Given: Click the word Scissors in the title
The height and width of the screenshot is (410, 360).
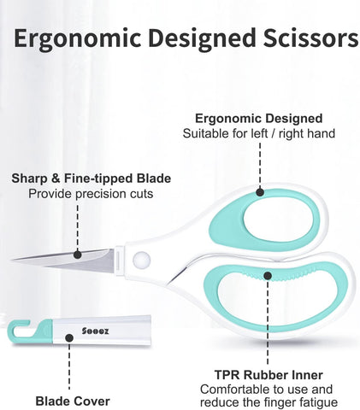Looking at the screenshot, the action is (310, 38).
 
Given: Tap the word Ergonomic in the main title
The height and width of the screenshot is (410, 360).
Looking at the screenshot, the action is (77, 39).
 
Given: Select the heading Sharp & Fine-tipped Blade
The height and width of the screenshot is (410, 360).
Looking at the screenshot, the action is (91, 179).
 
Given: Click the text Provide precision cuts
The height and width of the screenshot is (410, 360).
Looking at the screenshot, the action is (91, 194).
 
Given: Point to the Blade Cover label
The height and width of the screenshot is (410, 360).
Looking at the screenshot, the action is (73, 401).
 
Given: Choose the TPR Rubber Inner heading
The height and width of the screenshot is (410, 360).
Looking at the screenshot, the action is (269, 375).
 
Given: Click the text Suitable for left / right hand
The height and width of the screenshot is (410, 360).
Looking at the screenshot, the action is (259, 133).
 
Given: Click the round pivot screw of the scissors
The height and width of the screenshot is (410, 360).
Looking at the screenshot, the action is (141, 260).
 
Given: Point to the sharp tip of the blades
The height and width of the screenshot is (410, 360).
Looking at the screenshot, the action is (12, 260).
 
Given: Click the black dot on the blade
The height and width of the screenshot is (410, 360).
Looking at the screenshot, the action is (77, 255).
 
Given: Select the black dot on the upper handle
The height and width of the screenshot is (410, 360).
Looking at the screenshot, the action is (260, 192).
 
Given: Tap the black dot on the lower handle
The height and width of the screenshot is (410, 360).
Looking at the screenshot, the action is (268, 275).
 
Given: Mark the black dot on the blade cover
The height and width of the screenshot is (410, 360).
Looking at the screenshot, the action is (69, 338).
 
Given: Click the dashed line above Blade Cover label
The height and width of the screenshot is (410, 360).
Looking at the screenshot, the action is (69, 366).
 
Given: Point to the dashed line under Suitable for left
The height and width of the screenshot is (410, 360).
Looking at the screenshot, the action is (260, 165).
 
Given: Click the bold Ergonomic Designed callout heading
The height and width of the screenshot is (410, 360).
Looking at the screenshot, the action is (259, 119).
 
